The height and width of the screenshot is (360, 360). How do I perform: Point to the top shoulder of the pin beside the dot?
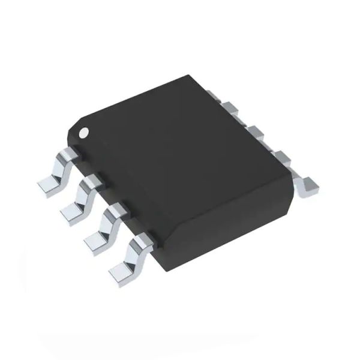(x=67, y=152)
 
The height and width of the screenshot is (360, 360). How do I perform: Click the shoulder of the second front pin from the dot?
(x=91, y=181)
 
